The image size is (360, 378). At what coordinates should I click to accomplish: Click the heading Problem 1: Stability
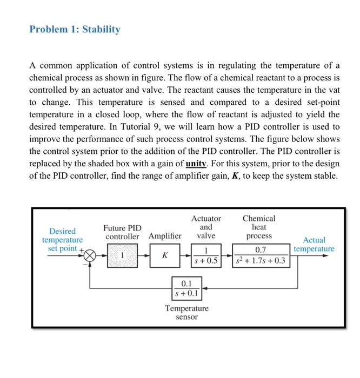pyautogui.click(x=75, y=29)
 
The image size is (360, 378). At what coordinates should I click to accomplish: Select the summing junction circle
pyautogui.click(x=90, y=255)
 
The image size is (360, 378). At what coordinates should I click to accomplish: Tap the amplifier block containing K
pyautogui.click(x=164, y=255)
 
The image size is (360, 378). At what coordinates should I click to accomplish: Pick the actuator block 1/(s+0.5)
pyautogui.click(x=206, y=255)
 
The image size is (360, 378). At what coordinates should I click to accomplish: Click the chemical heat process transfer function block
pyautogui.click(x=261, y=255)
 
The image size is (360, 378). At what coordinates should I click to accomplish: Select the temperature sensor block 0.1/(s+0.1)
pyautogui.click(x=186, y=288)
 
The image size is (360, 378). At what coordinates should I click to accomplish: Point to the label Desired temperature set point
pyautogui.click(x=62, y=239)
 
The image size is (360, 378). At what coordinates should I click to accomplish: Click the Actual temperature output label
pyautogui.click(x=314, y=244)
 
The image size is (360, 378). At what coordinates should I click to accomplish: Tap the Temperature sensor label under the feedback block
pyautogui.click(x=186, y=312)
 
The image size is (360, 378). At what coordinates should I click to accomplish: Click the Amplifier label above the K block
pyautogui.click(x=165, y=236)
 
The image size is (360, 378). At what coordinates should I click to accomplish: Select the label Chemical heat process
pyautogui.click(x=259, y=227)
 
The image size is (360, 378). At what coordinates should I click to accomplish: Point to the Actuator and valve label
pyautogui.click(x=206, y=227)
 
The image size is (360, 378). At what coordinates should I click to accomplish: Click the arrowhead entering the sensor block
pyautogui.click(x=204, y=288)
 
